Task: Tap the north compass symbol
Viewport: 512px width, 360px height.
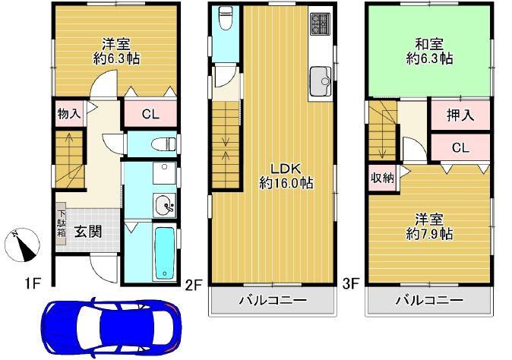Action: coord(24,245)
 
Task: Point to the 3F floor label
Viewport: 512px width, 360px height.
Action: coord(350,285)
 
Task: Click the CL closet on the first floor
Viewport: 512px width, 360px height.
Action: coord(150,115)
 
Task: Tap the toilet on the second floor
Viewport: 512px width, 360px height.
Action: coord(226,18)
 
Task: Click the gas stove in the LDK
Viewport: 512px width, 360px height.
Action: coord(318,27)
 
